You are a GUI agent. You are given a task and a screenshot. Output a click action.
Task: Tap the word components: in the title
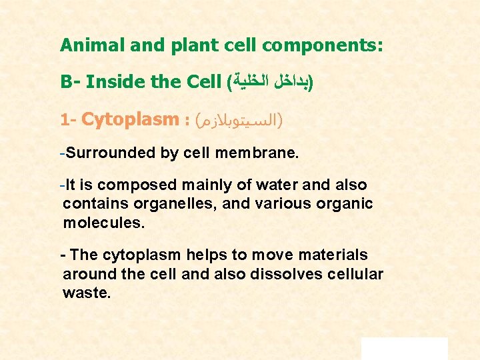tap(322, 45)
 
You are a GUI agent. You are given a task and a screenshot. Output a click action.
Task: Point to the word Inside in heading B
tap(110, 83)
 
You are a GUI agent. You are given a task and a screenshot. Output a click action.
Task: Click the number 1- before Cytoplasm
tap(69, 121)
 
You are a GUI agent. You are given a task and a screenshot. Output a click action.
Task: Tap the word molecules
tap(103, 222)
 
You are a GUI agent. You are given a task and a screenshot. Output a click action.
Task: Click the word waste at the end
tap(86, 293)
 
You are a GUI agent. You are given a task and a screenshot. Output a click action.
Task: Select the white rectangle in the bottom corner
tap(404, 348)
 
